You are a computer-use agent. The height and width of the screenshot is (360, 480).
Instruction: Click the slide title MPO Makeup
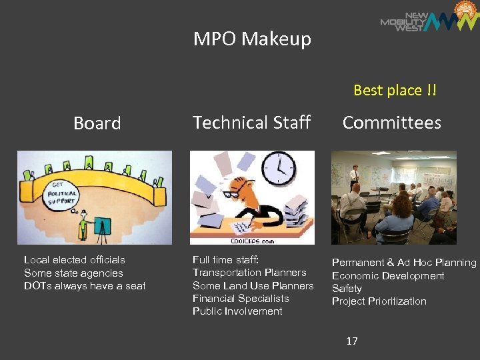(252, 39)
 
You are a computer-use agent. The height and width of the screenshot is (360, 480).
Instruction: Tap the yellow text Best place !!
(395, 90)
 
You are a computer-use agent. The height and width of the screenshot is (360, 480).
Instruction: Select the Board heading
(97, 123)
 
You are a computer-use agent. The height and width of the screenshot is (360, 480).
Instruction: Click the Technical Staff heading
(251, 123)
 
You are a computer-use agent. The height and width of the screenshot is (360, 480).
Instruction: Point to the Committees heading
(391, 123)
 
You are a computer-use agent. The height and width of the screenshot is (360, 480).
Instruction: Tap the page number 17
(352, 341)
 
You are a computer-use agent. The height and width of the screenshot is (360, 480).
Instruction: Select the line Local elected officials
(75, 260)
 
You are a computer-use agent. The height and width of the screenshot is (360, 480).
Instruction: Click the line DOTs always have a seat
(85, 286)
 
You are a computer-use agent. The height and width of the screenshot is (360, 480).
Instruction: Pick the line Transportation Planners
(249, 273)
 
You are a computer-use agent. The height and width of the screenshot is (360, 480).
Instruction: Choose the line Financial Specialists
(241, 299)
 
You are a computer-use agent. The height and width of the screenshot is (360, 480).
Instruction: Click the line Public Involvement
(237, 311)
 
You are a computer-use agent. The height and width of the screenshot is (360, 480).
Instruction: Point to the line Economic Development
(388, 276)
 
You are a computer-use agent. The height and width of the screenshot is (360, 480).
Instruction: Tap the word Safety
(347, 289)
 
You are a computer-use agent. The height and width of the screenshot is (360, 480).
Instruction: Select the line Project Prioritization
(379, 301)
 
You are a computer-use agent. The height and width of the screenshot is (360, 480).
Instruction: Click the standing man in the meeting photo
(355, 175)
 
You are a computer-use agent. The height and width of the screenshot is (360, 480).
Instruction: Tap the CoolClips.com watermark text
(252, 241)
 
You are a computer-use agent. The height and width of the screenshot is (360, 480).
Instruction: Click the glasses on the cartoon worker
(231, 195)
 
